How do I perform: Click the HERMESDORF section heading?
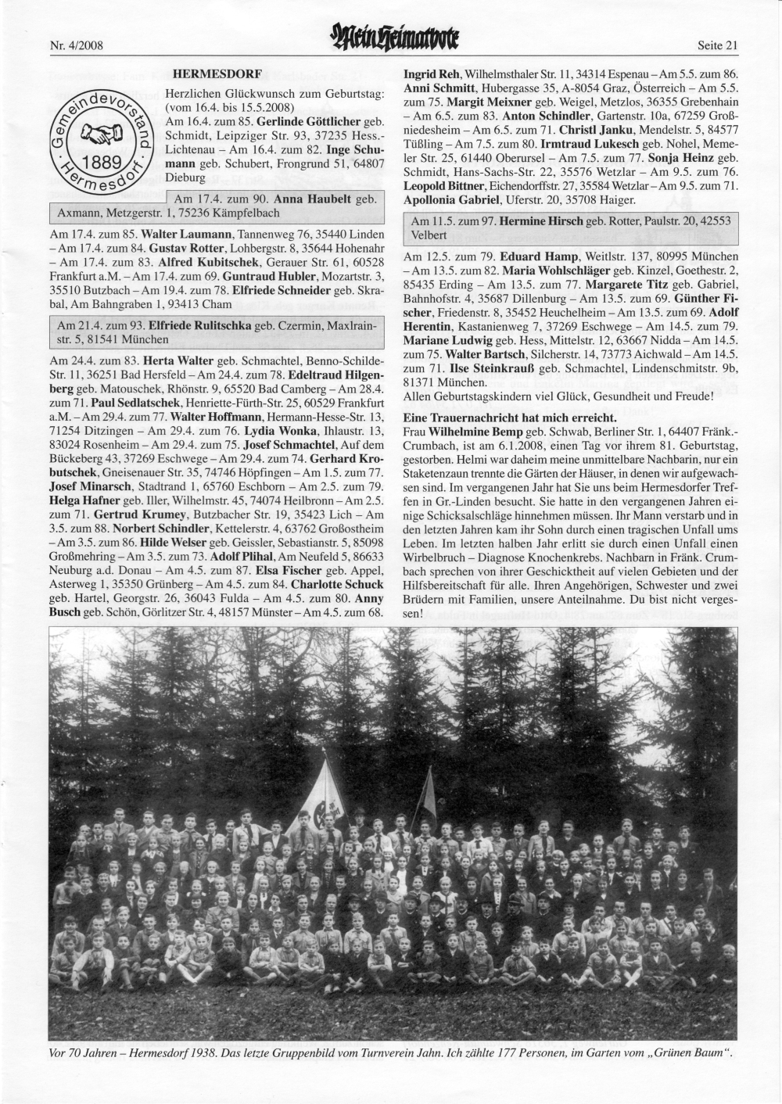pos(216,75)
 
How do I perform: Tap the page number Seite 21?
pos(716,45)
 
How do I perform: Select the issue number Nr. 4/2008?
pos(77,45)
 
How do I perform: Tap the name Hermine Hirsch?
pos(548,222)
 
